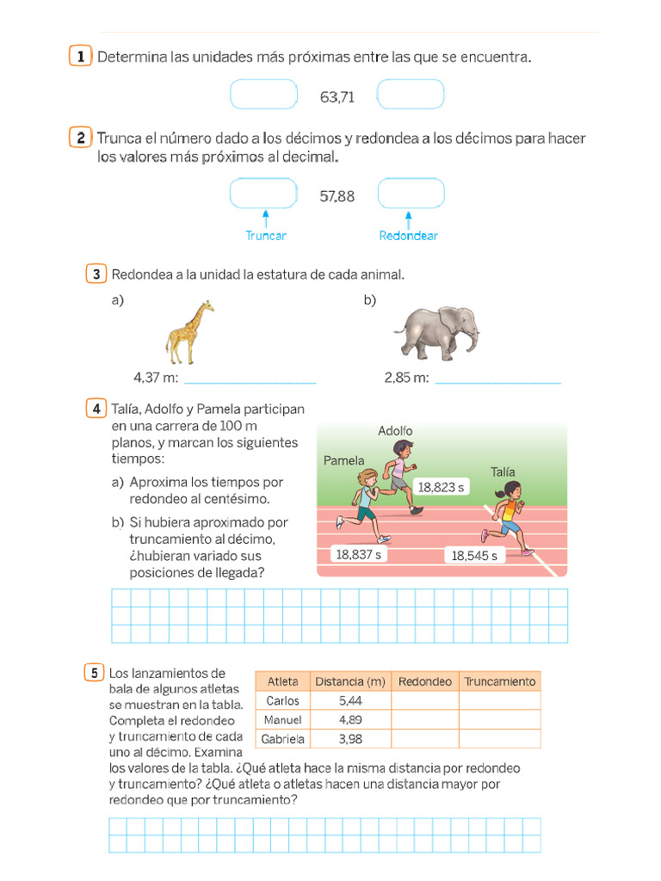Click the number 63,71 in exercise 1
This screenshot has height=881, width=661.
click(337, 97)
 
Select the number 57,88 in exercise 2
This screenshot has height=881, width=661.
click(337, 196)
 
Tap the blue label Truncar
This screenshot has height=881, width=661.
click(266, 236)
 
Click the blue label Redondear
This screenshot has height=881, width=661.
click(408, 236)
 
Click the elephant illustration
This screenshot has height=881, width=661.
click(436, 332)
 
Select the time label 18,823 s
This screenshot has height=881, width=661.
click(441, 487)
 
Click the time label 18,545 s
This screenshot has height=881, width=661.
click(474, 556)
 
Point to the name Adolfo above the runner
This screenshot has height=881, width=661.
click(395, 430)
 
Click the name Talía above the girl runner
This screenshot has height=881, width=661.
click(503, 471)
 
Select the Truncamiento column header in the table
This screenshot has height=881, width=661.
click(499, 681)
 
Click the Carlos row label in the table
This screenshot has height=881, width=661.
click(283, 701)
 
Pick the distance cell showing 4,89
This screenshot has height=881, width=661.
click(350, 720)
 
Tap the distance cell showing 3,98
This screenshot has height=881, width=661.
click(350, 739)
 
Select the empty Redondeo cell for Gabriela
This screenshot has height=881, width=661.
click(424, 739)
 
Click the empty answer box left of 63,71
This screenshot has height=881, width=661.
click(263, 95)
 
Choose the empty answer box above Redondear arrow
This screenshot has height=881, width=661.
click(411, 194)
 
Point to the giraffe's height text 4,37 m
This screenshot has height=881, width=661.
click(156, 378)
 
